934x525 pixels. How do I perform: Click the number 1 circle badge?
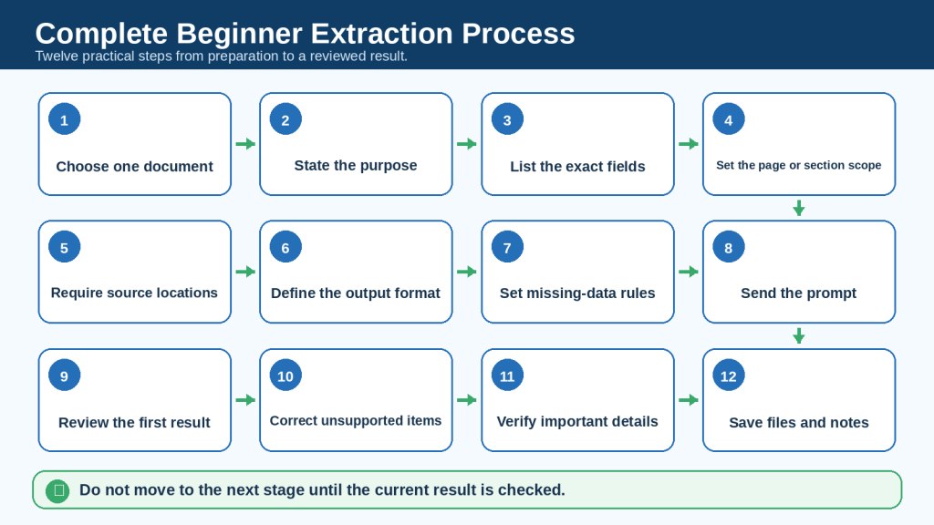[65, 119]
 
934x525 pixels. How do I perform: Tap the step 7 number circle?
[507, 247]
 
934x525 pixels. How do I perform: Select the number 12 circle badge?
[729, 376]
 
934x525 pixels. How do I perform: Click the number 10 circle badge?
[285, 376]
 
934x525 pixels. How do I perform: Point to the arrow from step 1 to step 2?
[245, 144]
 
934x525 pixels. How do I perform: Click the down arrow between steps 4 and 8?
[799, 208]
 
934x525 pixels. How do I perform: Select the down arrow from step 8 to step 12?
[799, 335]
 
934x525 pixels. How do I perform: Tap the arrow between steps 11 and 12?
[689, 400]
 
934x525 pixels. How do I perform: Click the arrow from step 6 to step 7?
[467, 272]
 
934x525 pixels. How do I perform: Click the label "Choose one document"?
[135, 167]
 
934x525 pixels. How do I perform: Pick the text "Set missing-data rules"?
[577, 293]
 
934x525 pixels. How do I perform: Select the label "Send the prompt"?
[799, 293]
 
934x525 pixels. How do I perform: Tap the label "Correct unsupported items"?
[356, 421]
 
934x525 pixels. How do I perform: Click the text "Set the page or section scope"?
[799, 166]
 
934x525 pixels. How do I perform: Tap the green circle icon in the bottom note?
[57, 490]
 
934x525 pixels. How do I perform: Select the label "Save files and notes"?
[799, 423]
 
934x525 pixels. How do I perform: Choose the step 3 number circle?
[507, 119]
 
